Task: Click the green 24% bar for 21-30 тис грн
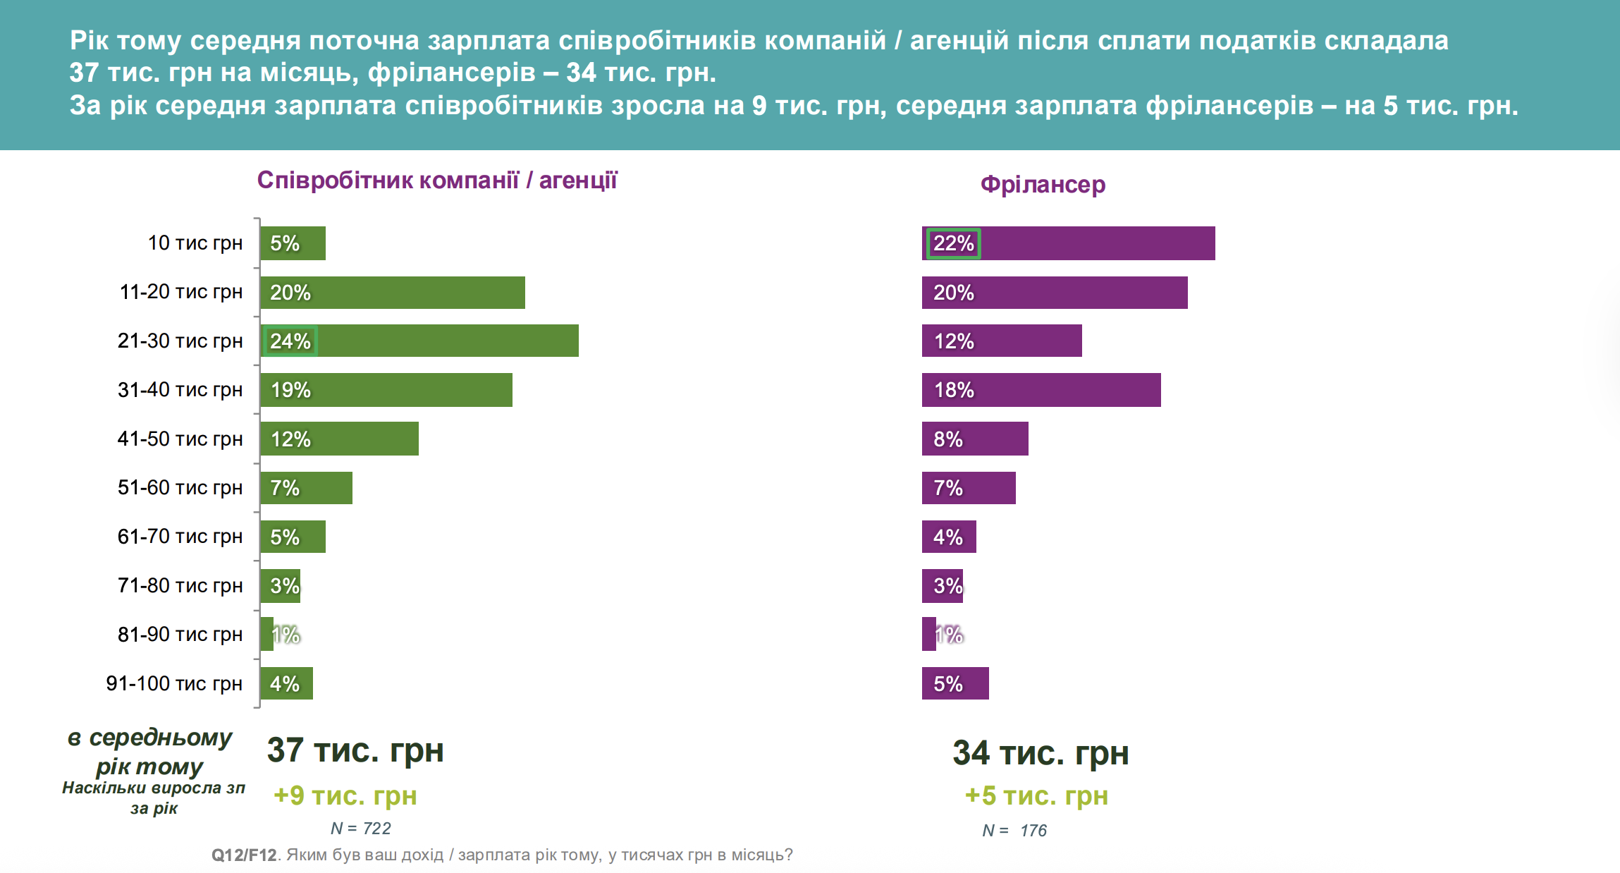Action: pos(419,341)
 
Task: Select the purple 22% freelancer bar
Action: pos(1068,243)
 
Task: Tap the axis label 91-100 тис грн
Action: pos(174,683)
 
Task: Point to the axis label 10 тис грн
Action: pos(195,243)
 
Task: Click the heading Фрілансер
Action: pos(1043,185)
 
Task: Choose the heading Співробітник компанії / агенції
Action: pos(437,181)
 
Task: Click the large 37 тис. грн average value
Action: pos(355,750)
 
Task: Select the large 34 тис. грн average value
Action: pos(1041,753)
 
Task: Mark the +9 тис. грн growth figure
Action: pos(345,795)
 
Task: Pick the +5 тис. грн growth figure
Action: pos(1036,795)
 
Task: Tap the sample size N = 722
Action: pos(361,829)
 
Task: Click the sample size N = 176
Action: pos(1014,831)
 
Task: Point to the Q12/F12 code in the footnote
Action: pos(244,855)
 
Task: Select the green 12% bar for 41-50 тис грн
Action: pos(339,439)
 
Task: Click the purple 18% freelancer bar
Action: pos(1041,390)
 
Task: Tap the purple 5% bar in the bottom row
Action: pos(955,683)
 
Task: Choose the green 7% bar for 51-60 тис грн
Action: pos(306,488)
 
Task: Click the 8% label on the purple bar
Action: pos(948,439)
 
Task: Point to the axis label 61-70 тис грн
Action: pos(180,537)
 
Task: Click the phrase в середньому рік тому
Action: pos(149,752)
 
